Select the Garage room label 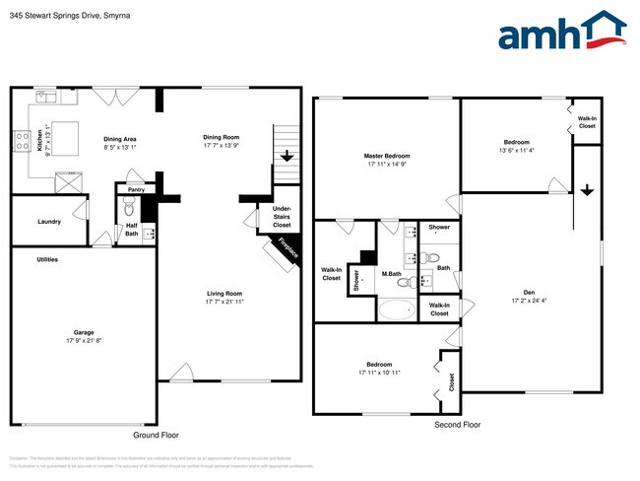[83, 333]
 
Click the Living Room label [224, 294]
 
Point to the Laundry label [48, 222]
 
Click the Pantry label [136, 188]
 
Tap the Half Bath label [131, 229]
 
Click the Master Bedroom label [386, 156]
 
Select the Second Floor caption [458, 425]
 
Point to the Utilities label [47, 259]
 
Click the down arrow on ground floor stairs [287, 156]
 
